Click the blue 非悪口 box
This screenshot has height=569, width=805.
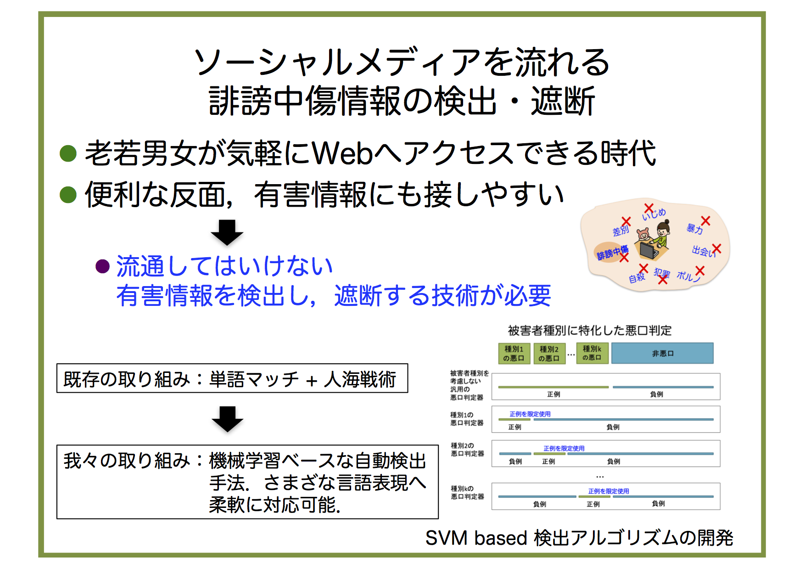click(662, 353)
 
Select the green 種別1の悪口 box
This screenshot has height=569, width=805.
click(514, 353)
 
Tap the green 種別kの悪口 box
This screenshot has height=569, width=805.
click(592, 353)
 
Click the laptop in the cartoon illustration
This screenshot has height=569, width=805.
click(649, 250)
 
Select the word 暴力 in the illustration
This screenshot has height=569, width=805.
click(694, 229)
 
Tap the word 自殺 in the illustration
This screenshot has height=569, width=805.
click(637, 277)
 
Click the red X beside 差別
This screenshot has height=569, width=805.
click(626, 222)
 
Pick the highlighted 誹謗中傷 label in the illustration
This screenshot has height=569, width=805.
click(612, 253)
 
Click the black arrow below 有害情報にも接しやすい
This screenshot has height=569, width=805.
click(227, 232)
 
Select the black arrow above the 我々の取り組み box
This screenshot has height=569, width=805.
click(227, 419)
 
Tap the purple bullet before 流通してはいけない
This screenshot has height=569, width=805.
click(102, 266)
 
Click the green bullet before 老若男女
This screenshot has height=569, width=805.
click(68, 153)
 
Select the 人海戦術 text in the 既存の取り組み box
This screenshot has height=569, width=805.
click(360, 379)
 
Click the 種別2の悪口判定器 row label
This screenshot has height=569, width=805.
click(467, 450)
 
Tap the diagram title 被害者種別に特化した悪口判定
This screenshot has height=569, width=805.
click(590, 330)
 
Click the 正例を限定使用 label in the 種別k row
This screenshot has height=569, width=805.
click(609, 491)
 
